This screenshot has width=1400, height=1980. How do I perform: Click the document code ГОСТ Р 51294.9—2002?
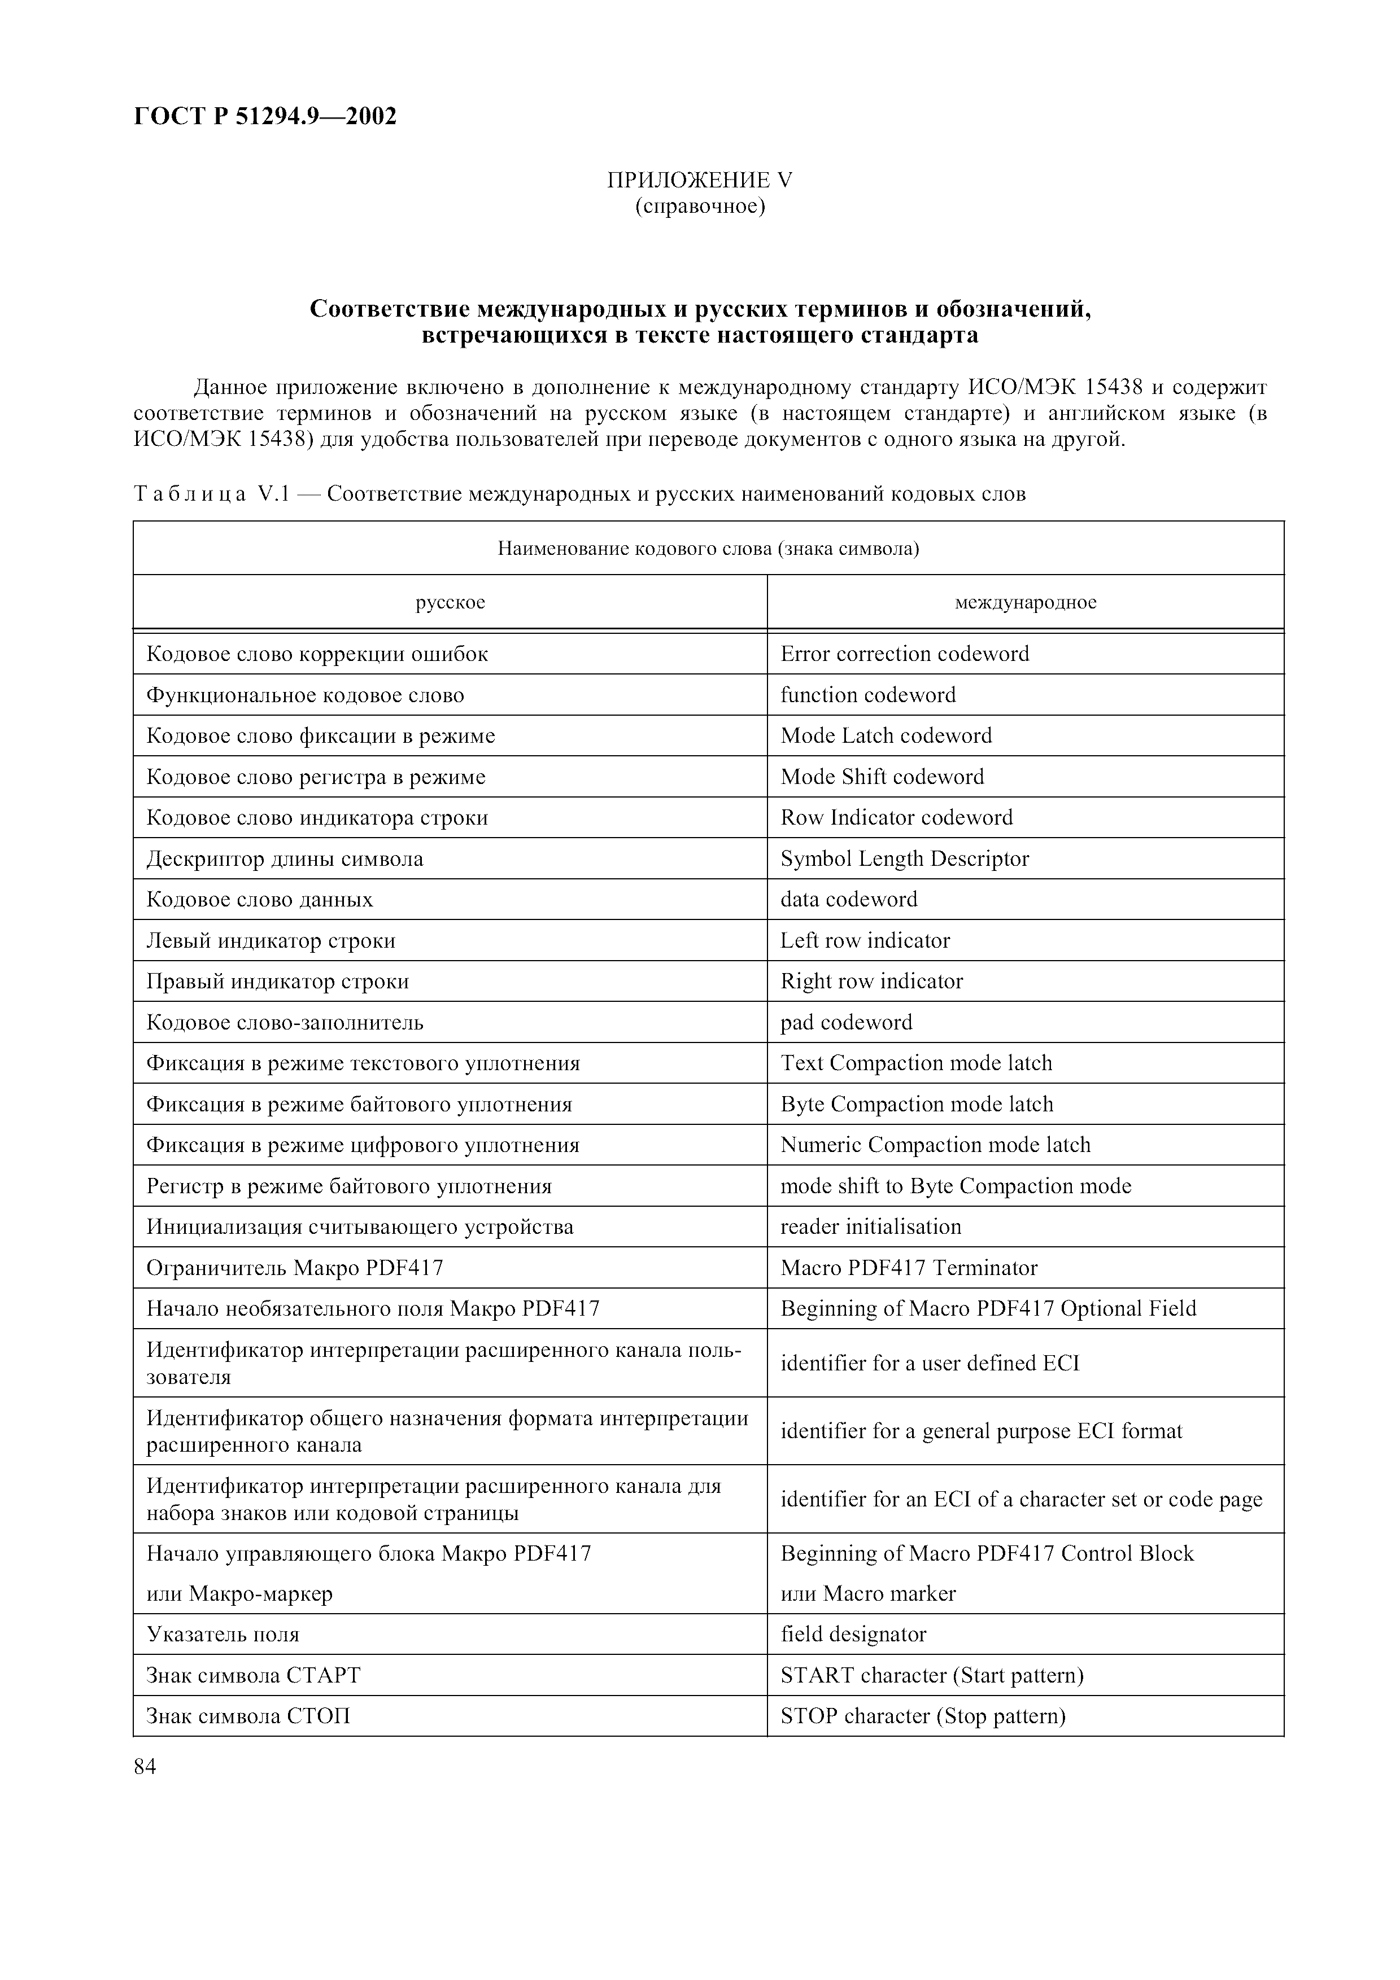coord(265,116)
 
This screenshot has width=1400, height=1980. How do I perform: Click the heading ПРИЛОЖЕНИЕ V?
coord(700,180)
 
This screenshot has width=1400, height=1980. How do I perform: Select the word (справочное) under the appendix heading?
coord(700,207)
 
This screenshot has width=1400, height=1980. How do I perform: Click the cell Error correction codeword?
coord(904,654)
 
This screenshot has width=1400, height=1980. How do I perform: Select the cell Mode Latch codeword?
coord(886,735)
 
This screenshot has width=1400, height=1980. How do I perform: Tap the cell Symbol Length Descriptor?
coord(904,859)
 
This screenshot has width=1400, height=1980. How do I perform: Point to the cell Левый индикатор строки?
coord(271,941)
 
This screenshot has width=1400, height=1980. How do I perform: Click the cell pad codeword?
coord(845,1023)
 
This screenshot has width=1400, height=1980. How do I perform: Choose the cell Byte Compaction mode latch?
coord(916,1105)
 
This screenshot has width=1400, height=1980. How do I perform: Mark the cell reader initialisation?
coord(870,1227)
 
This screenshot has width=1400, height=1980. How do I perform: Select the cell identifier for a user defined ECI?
coord(929,1364)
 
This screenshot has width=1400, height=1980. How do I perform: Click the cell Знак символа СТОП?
coord(248,1716)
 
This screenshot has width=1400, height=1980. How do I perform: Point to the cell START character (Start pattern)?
coord(932,1676)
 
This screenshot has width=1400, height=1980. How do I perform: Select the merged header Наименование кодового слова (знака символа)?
coord(707,549)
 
